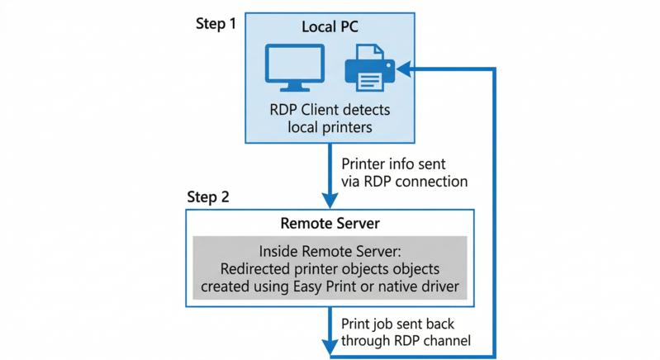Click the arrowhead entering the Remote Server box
[330, 201]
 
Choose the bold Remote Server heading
[330, 224]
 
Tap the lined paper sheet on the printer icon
[371, 79]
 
